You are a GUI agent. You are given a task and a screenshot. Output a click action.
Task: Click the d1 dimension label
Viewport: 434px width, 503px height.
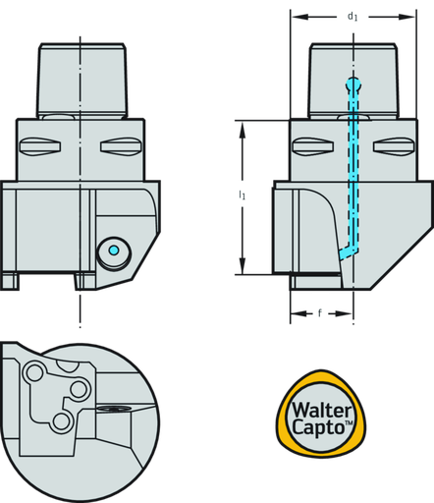click(352, 17)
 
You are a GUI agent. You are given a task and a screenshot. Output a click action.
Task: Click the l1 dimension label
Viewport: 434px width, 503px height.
click(242, 196)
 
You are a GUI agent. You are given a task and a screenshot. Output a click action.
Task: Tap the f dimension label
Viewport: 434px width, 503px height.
click(319, 314)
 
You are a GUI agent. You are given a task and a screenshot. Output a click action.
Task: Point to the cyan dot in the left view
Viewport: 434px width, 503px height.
click(114, 251)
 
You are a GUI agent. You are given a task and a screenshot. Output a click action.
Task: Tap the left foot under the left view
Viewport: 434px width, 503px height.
click(11, 281)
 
